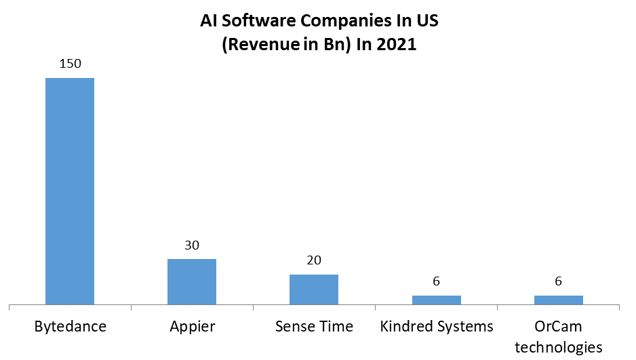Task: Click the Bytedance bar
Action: (70, 191)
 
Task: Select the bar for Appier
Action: (192, 281)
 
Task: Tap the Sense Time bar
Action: (314, 289)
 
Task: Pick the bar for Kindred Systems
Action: (436, 300)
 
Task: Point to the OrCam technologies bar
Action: (558, 300)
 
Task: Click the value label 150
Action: (70, 64)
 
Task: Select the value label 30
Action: (192, 245)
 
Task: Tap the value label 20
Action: (314, 261)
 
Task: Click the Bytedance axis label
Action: (70, 327)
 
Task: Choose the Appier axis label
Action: (192, 327)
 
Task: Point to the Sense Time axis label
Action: (314, 327)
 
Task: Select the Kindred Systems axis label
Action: (436, 327)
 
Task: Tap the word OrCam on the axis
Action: (558, 327)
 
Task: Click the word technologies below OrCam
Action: (558, 348)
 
